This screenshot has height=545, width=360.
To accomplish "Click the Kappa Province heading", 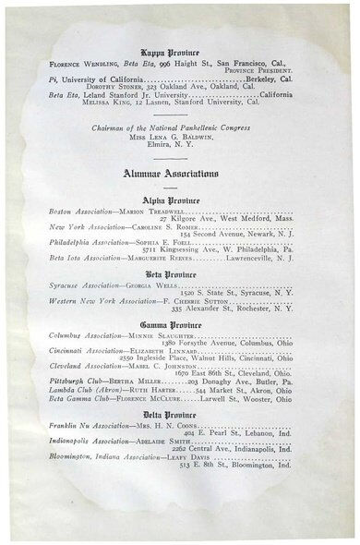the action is click(x=178, y=54).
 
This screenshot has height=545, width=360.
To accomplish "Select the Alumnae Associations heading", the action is click(x=179, y=173).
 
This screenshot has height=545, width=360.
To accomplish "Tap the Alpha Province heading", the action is click(x=178, y=199).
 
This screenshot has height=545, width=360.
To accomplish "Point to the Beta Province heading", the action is click(x=178, y=275).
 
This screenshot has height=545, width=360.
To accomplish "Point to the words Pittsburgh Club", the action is click(x=77, y=380).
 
